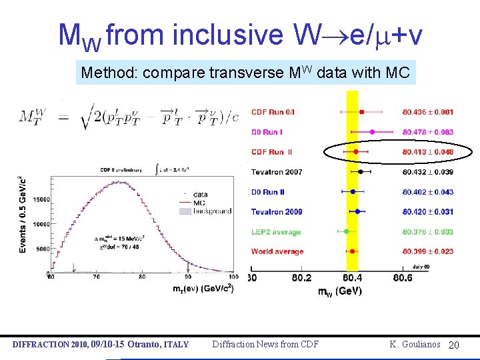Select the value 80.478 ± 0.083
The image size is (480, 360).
click(427, 132)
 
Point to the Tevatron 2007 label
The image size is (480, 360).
click(277, 172)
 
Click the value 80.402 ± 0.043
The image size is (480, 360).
click(427, 192)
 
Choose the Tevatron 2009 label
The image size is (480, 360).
click(277, 212)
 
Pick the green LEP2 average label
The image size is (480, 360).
click(276, 232)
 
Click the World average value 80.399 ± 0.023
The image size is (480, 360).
click(427, 251)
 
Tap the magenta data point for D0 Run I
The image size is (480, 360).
click(372, 132)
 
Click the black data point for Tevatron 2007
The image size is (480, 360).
click(360, 171)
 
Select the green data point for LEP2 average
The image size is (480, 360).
click(346, 231)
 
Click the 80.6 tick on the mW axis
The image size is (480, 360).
click(402, 277)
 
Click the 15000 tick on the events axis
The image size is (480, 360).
click(40, 199)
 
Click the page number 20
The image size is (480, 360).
click(454, 345)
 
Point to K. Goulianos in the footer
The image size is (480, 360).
click(415, 344)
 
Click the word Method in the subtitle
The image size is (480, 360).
click(103, 73)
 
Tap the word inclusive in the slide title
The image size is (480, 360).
click(227, 35)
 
